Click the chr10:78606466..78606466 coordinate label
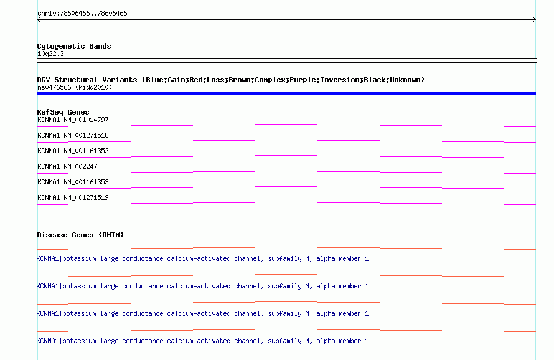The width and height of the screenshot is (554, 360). coord(82,14)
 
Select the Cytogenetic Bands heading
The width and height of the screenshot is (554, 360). coord(74,46)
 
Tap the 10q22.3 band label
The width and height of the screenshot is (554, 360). coord(50,54)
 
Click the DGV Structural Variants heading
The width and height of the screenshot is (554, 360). coord(87,80)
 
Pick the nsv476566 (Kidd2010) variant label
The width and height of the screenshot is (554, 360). coord(75,87)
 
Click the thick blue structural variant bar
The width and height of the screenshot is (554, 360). coord(286,93)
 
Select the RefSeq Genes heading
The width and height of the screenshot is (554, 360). coord(63,112)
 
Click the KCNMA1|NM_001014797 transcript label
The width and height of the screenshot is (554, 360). coord(73,120)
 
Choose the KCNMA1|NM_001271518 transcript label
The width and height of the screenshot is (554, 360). coord(73,135)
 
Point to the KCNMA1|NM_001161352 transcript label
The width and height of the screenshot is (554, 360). coord(73,151)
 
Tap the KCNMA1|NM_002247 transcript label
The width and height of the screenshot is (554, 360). coord(67,166)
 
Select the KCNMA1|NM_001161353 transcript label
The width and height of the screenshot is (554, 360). coord(73,182)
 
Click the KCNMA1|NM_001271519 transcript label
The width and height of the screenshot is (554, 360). coord(73,197)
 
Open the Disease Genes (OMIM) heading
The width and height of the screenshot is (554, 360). coord(80,235)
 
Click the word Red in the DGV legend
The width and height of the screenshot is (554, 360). coord(195,80)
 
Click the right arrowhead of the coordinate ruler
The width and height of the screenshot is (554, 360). coord(535,20)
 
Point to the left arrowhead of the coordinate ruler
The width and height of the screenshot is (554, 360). coord(39,20)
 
